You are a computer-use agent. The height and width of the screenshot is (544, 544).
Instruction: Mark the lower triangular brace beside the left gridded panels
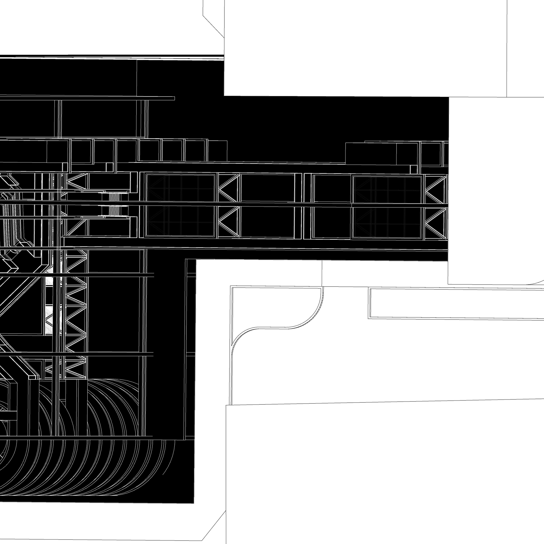click(229, 222)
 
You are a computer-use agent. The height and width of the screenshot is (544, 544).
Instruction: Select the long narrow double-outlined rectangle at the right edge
click(456, 303)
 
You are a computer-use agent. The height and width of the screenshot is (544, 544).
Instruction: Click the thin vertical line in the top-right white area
click(507, 48)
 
